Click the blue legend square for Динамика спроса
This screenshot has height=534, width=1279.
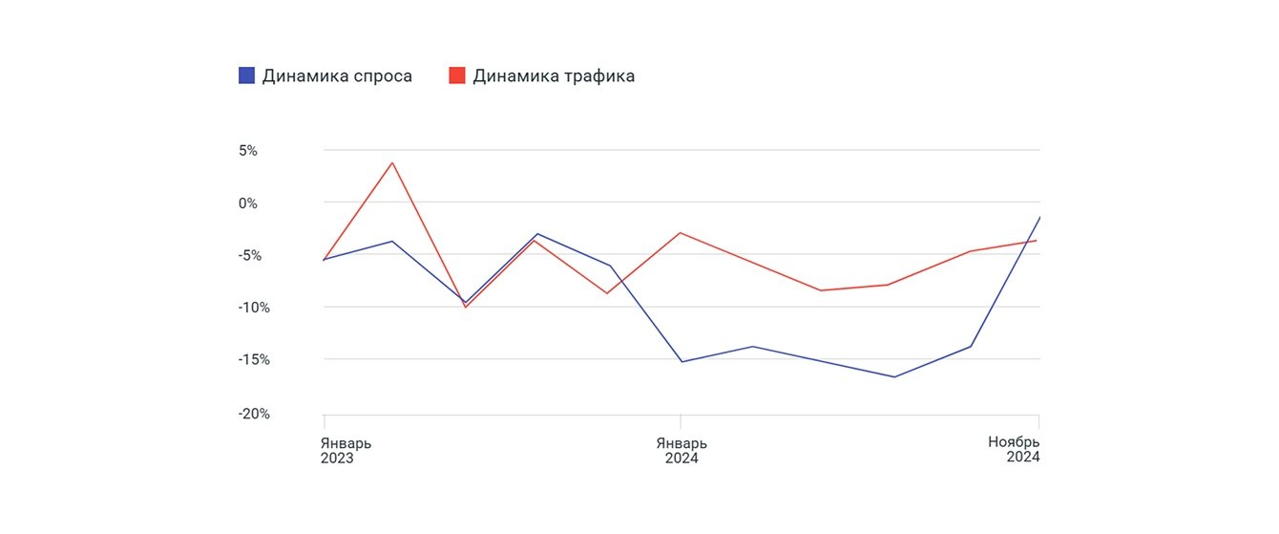point(246,75)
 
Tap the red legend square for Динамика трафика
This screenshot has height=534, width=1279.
point(457,75)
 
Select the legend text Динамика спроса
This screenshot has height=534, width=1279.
point(337,75)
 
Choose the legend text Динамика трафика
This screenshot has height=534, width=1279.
point(554,75)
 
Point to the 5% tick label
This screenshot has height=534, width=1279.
point(247,151)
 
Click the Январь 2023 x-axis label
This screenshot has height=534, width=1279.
point(346,450)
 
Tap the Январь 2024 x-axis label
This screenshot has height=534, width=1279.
point(681,450)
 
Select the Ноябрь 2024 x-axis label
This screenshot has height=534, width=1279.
point(1013,449)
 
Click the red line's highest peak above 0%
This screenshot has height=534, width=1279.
point(392,162)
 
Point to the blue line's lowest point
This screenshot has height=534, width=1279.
point(894,376)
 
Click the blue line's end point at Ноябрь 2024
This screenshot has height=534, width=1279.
point(1038,218)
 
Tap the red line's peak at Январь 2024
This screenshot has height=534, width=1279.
point(681,232)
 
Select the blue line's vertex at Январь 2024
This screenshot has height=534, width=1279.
point(681,362)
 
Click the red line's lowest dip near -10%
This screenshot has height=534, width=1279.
point(465,307)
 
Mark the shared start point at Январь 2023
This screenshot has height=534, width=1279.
point(325,260)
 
